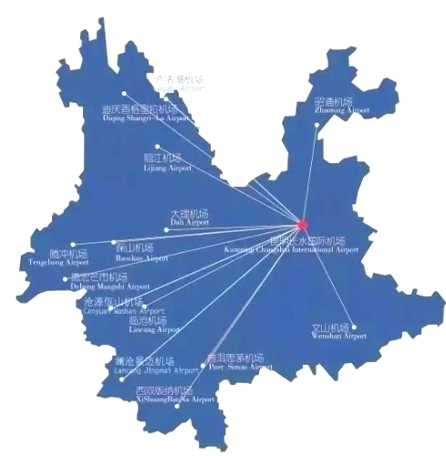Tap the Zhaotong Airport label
pos(342,105)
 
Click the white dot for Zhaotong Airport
pos(317,125)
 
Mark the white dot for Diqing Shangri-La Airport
pos(124,92)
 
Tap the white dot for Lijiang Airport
pos(157,146)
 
